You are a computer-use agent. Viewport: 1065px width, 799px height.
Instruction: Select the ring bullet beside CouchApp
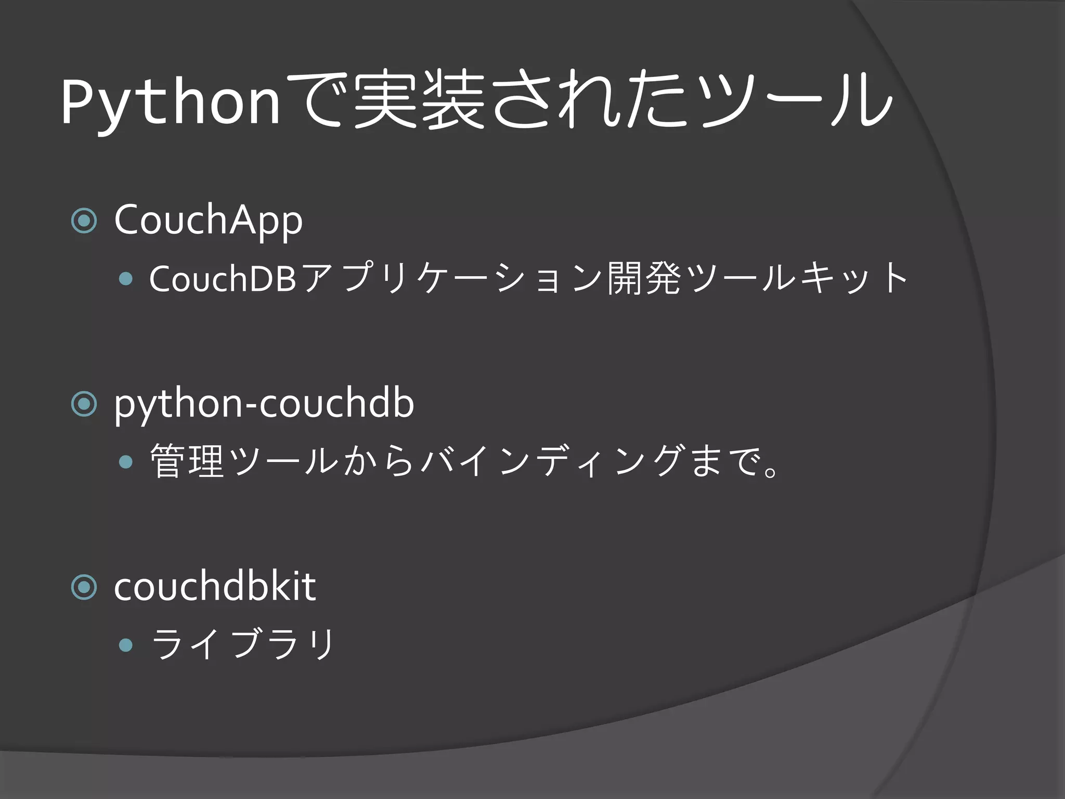(x=84, y=221)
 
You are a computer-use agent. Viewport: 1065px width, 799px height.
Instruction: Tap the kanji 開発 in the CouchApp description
(x=644, y=279)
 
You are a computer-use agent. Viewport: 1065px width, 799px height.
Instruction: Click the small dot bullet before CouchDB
(x=126, y=279)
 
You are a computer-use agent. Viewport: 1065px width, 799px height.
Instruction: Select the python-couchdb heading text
(x=264, y=404)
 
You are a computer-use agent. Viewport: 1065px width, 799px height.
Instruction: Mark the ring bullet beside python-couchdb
(x=84, y=404)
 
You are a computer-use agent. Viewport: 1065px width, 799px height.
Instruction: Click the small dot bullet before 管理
(x=126, y=462)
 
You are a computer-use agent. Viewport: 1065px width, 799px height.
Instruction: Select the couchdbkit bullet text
(x=214, y=587)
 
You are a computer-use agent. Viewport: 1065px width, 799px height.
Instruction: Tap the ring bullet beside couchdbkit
(x=84, y=587)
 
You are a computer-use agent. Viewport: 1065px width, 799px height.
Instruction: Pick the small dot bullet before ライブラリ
(x=126, y=646)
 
